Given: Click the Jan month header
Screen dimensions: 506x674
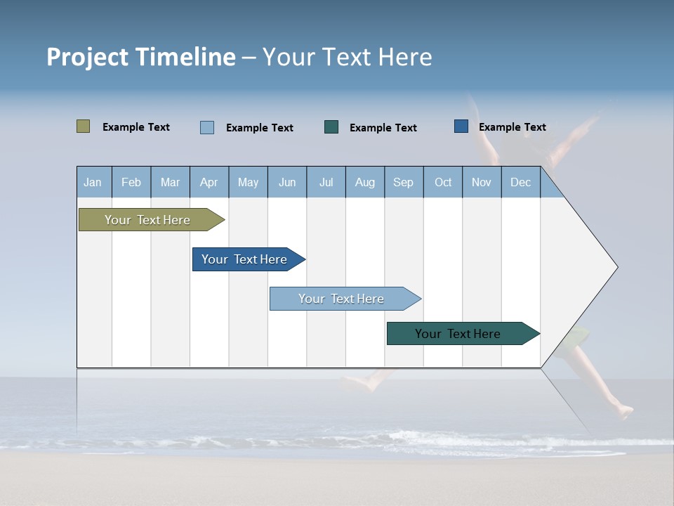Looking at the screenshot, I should click(x=93, y=182).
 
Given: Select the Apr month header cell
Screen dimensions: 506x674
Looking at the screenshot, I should click(x=209, y=182).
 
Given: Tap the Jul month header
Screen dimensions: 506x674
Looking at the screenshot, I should click(x=326, y=182).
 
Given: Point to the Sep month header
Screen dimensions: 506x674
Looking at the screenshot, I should click(x=404, y=182).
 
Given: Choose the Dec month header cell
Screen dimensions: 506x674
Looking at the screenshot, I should click(x=520, y=182).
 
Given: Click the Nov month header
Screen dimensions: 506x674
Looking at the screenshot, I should click(x=482, y=182).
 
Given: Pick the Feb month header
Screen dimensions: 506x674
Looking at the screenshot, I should click(x=131, y=182).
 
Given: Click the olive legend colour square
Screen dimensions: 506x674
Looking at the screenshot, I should click(x=83, y=126).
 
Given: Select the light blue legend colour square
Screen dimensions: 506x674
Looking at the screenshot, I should click(x=206, y=127).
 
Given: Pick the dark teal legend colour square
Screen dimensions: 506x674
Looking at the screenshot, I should click(x=331, y=126).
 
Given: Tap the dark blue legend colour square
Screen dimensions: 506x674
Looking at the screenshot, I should click(x=461, y=126).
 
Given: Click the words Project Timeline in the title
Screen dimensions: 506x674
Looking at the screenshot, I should click(x=140, y=57).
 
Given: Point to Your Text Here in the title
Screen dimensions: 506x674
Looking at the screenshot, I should click(x=348, y=57).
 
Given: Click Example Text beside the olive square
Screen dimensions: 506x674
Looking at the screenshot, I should click(x=136, y=127).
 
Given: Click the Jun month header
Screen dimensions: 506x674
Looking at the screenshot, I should click(x=287, y=182).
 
